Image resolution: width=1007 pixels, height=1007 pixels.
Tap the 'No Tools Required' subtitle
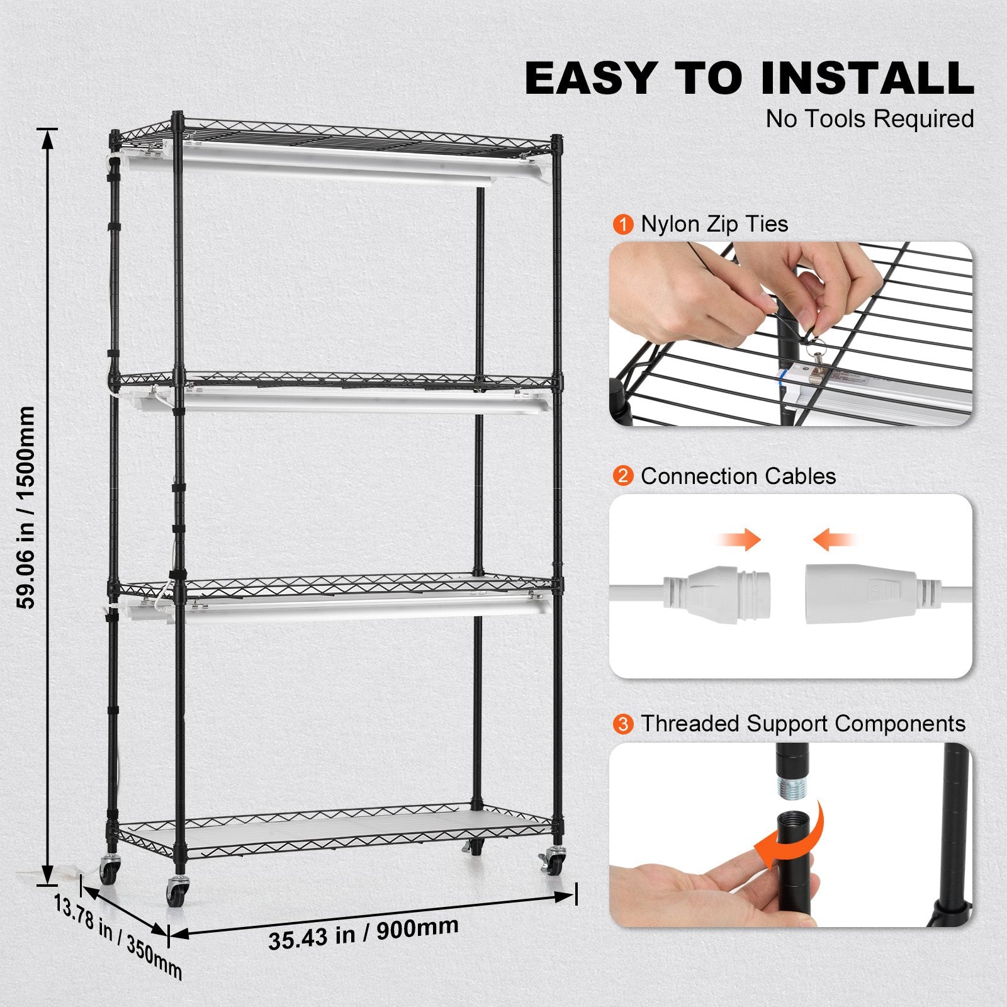869,119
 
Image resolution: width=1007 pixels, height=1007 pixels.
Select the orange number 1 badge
622,225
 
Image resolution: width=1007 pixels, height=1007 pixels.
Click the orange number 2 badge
622,476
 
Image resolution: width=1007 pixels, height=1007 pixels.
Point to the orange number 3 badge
622,724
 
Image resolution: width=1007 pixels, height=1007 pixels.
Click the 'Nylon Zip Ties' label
714,224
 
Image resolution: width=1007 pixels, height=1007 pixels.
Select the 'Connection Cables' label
738,476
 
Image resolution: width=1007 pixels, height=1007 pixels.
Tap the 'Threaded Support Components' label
802,724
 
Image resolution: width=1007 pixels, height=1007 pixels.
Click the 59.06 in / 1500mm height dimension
26,507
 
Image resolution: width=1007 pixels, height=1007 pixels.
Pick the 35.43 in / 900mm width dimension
363,933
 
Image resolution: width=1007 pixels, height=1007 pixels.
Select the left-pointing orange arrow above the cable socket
834,540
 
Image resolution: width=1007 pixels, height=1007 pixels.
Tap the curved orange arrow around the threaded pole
793,837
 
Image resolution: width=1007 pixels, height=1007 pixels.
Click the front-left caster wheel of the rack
175,892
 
